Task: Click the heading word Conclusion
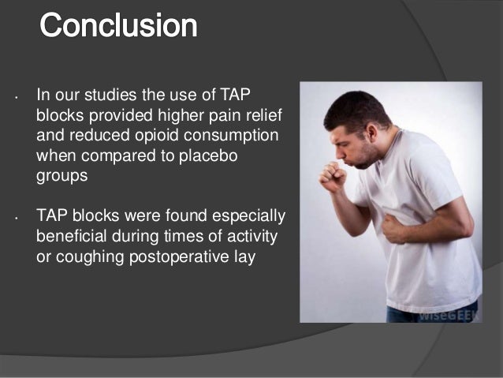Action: [118, 25]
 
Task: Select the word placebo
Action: [209, 154]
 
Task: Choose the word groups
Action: [63, 174]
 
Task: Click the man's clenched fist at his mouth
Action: [332, 173]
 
